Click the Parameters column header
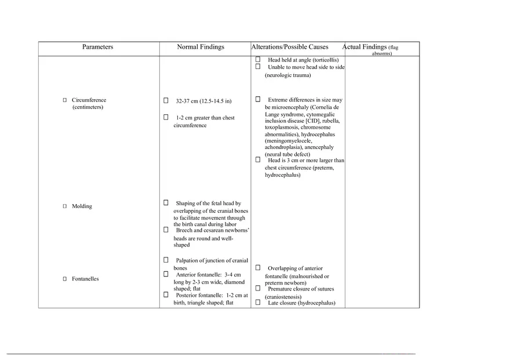97,47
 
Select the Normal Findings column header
201,47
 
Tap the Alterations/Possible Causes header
290,47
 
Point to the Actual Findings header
365,47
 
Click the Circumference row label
89,100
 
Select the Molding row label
82,206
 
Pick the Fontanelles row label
85,279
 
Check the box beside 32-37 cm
166,100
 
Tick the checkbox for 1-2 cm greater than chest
166,117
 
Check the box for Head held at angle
258,59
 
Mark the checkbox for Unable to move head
258,66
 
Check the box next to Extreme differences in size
258,99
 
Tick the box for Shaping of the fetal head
166,203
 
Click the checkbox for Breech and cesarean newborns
166,230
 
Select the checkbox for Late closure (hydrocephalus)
258,302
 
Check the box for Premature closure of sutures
258,288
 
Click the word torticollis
325,60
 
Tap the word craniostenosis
283,297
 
